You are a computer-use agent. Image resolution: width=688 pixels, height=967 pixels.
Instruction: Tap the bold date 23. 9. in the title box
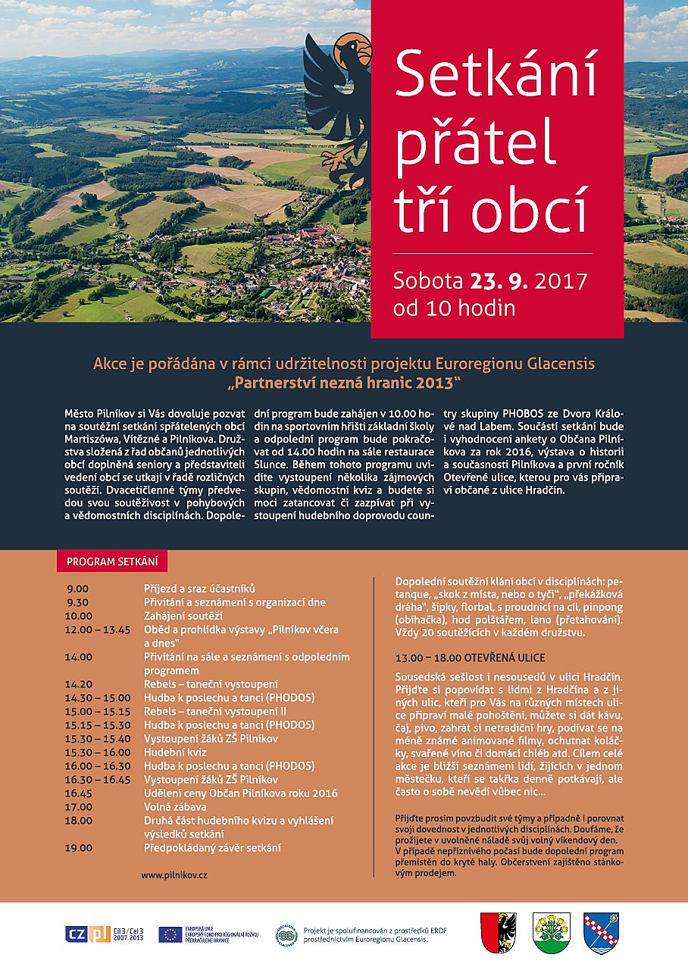pyautogui.click(x=499, y=281)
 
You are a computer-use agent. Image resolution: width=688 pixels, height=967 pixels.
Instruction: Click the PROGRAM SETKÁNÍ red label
pyautogui.click(x=112, y=562)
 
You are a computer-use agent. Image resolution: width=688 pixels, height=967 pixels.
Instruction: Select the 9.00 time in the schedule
pyautogui.click(x=78, y=589)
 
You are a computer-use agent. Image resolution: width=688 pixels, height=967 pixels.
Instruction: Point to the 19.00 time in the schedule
pyautogui.click(x=79, y=848)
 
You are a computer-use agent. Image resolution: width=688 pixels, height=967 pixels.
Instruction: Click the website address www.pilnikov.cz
pyautogui.click(x=174, y=875)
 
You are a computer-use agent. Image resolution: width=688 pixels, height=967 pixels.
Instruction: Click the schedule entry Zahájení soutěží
pyautogui.click(x=183, y=616)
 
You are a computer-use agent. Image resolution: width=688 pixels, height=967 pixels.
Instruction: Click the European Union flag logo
pyautogui.click(x=170, y=934)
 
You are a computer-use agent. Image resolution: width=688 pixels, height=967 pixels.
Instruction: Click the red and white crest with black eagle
pyautogui.click(x=499, y=931)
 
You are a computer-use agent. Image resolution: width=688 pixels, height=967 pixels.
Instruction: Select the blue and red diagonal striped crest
pyautogui.click(x=602, y=932)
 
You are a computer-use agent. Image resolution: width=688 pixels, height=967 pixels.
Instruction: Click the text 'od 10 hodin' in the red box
pyautogui.click(x=454, y=308)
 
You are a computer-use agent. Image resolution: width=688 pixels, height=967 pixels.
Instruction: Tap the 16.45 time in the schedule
pyautogui.click(x=80, y=793)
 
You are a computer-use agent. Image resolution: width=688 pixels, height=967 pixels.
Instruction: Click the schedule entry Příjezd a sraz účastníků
pyautogui.click(x=200, y=589)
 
